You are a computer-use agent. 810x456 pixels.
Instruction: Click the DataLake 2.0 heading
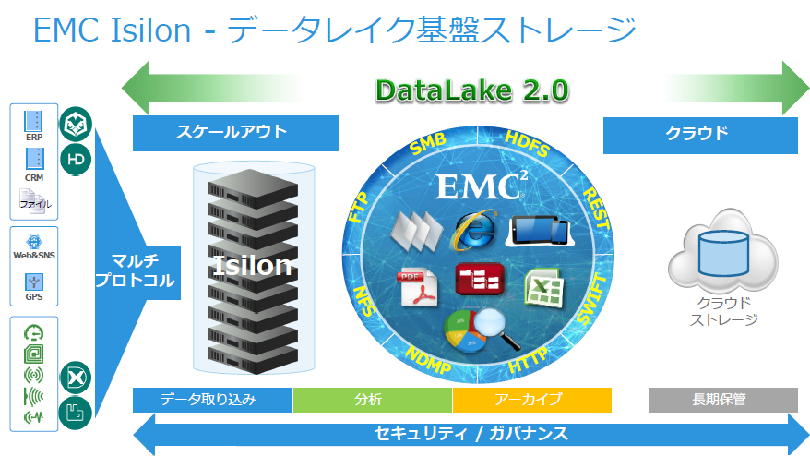click(471, 90)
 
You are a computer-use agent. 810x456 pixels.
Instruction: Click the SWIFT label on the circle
click(591, 297)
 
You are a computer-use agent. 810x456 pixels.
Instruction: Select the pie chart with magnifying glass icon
click(481, 331)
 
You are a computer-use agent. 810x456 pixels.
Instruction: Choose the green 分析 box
click(372, 400)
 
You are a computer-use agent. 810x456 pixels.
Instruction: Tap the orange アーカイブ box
click(531, 400)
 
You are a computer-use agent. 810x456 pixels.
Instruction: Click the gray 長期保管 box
click(722, 400)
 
